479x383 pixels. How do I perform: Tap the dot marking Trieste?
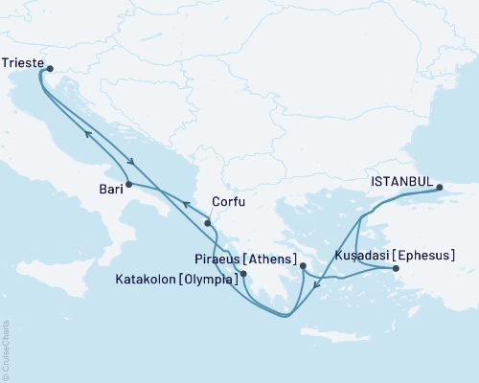(x=50, y=68)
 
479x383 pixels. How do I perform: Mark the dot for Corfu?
(x=208, y=223)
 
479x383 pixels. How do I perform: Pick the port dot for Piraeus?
(x=303, y=266)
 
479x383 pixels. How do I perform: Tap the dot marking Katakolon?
(x=244, y=274)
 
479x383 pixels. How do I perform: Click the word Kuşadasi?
(x=360, y=256)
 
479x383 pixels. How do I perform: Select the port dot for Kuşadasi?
(x=396, y=269)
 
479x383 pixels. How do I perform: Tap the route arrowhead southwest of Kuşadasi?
(x=319, y=282)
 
